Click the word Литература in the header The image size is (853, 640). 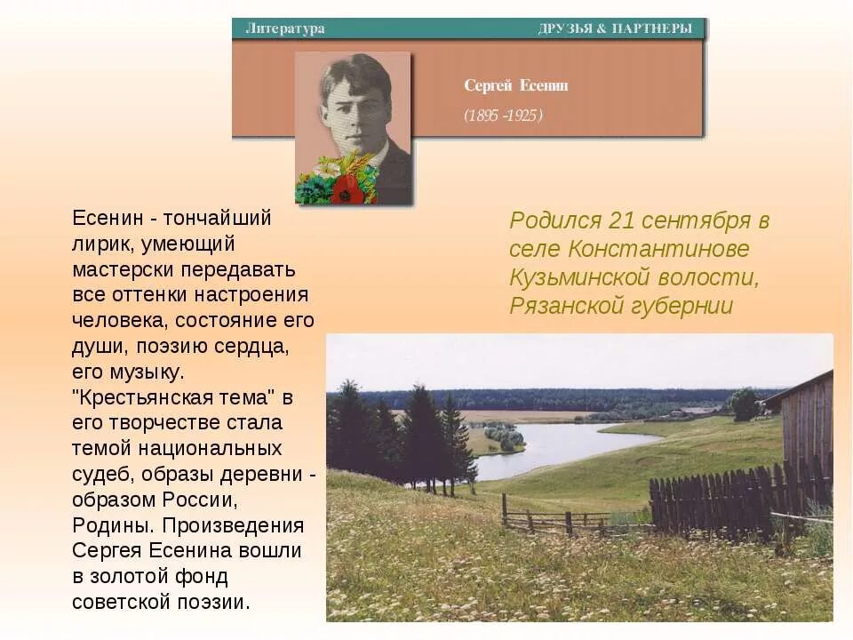[x=284, y=28]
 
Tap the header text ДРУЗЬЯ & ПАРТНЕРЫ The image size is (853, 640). [x=615, y=28]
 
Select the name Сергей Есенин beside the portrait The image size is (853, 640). [x=515, y=85]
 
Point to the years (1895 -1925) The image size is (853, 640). [x=503, y=115]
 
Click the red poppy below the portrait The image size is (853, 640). [x=347, y=189]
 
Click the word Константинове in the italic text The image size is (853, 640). [x=658, y=249]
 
